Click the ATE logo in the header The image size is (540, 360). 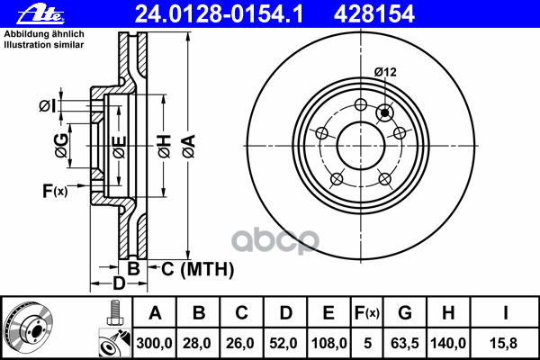click(x=41, y=14)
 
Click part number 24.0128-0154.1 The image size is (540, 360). click(x=219, y=14)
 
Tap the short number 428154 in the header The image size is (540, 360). click(x=374, y=14)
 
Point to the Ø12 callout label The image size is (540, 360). click(x=385, y=72)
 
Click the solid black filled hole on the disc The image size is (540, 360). click(x=384, y=112)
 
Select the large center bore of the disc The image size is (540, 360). click(x=360, y=146)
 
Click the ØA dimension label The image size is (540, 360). click(x=189, y=147)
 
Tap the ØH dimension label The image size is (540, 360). click(x=165, y=147)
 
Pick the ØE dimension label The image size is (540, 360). click(x=119, y=147)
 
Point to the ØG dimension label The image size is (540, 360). click(x=61, y=146)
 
